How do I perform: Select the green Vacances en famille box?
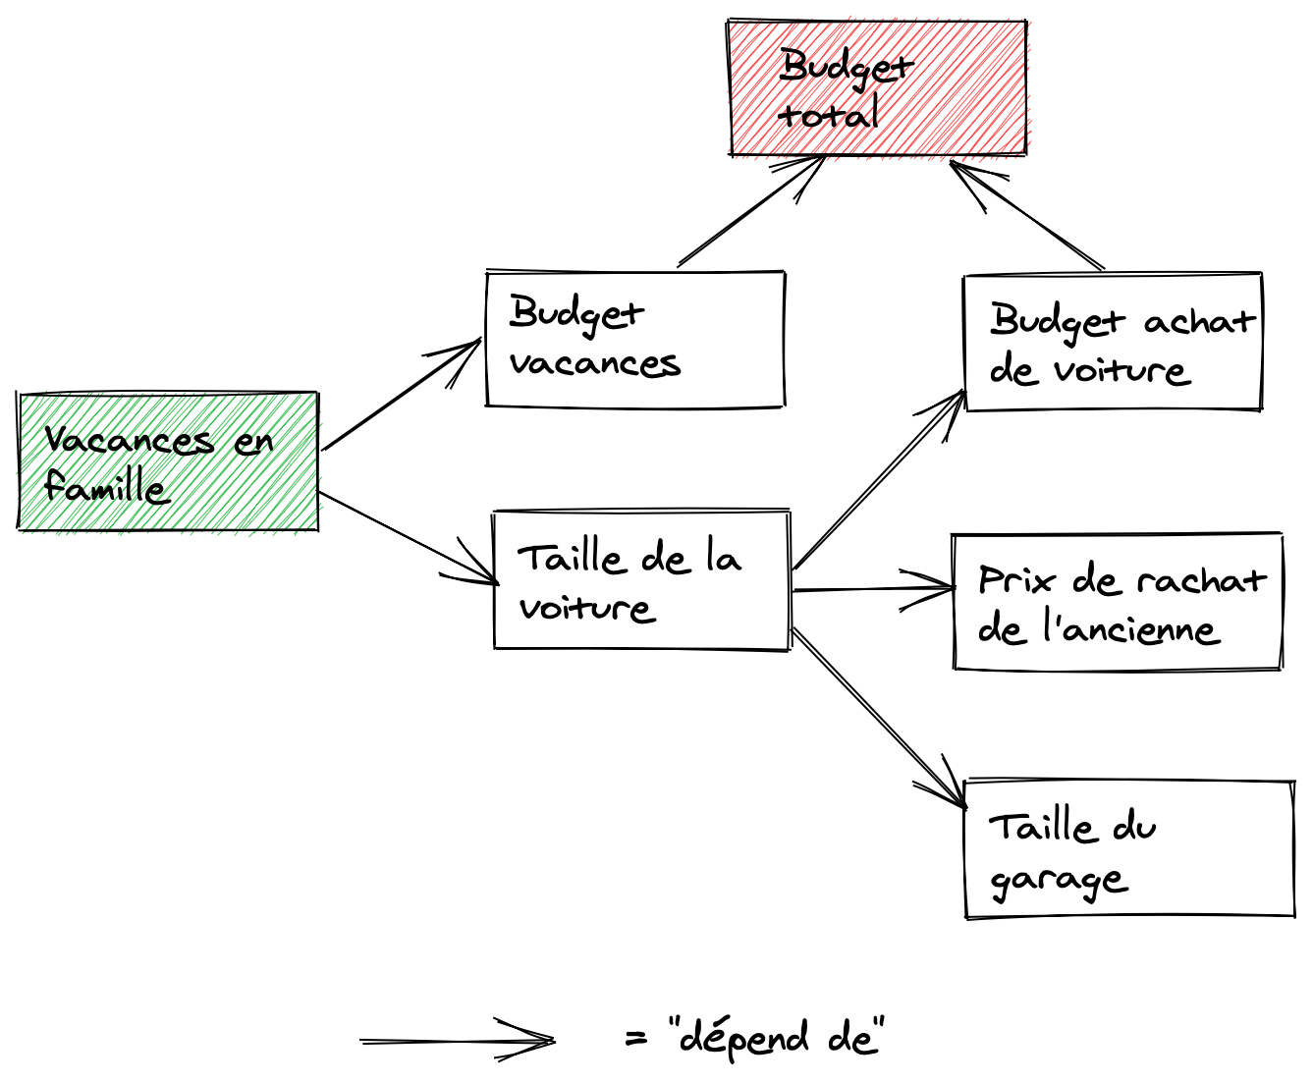click(168, 461)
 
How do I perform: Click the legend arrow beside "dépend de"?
click(457, 1041)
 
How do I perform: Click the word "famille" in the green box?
click(105, 487)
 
